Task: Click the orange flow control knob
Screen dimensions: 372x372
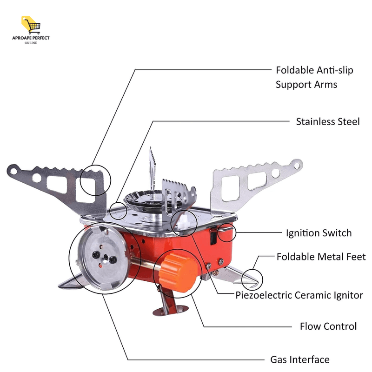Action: pyautogui.click(x=178, y=272)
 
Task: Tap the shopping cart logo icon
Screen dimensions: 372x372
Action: pyautogui.click(x=31, y=25)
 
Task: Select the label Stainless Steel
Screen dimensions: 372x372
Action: pyautogui.click(x=328, y=121)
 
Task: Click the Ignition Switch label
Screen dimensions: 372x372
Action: pyautogui.click(x=319, y=233)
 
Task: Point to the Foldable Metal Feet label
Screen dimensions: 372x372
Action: pyautogui.click(x=321, y=257)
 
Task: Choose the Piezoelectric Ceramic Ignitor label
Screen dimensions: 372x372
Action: pyautogui.click(x=299, y=295)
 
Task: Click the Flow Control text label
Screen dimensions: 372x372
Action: pyautogui.click(x=328, y=326)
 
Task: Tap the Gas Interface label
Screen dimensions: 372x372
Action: pyautogui.click(x=300, y=359)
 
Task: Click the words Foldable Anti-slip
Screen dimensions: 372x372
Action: pyautogui.click(x=314, y=70)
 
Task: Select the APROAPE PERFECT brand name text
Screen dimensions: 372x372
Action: pyautogui.click(x=31, y=38)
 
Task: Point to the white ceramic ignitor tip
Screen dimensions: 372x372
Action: pyautogui.click(x=184, y=220)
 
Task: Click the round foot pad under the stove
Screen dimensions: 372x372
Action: pyautogui.click(x=170, y=310)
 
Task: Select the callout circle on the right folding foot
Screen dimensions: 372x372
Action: pyautogui.click(x=252, y=279)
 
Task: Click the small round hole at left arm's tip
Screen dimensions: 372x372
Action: pyautogui.click(x=13, y=171)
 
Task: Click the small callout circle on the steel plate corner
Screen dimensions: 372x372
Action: pyautogui.click(x=118, y=211)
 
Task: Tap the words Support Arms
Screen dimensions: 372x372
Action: pyautogui.click(x=306, y=85)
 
